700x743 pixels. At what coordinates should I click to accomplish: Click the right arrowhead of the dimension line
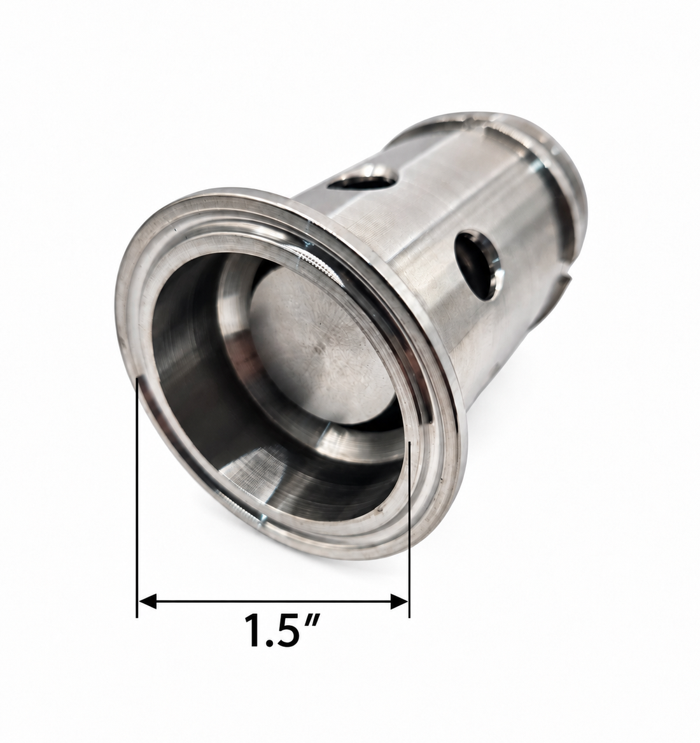click(400, 602)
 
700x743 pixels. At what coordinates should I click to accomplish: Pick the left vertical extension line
click(137, 497)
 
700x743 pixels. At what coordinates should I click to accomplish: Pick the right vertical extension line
click(409, 529)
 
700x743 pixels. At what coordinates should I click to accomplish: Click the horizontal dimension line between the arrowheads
click(273, 602)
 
